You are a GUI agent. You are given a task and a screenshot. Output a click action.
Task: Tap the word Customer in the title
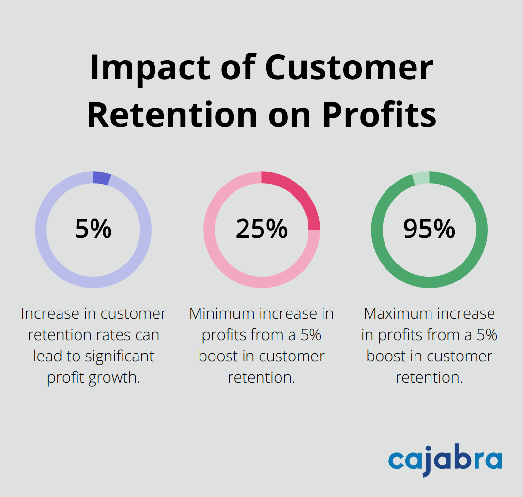click(349, 67)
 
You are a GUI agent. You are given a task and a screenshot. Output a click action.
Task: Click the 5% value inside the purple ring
click(93, 229)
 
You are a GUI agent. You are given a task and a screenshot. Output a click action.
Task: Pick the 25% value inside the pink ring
click(261, 229)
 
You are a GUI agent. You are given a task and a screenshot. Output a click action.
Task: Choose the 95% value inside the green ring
click(429, 229)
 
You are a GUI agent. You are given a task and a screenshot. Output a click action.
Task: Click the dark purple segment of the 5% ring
click(102, 178)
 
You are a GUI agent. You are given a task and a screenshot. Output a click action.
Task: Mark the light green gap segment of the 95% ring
click(421, 178)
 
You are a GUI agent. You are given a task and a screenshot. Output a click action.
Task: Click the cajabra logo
click(445, 460)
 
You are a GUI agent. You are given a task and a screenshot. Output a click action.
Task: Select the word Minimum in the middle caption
click(222, 314)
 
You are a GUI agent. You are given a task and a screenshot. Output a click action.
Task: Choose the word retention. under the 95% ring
click(429, 377)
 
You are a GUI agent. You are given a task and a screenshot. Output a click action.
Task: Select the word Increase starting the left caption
click(51, 314)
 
